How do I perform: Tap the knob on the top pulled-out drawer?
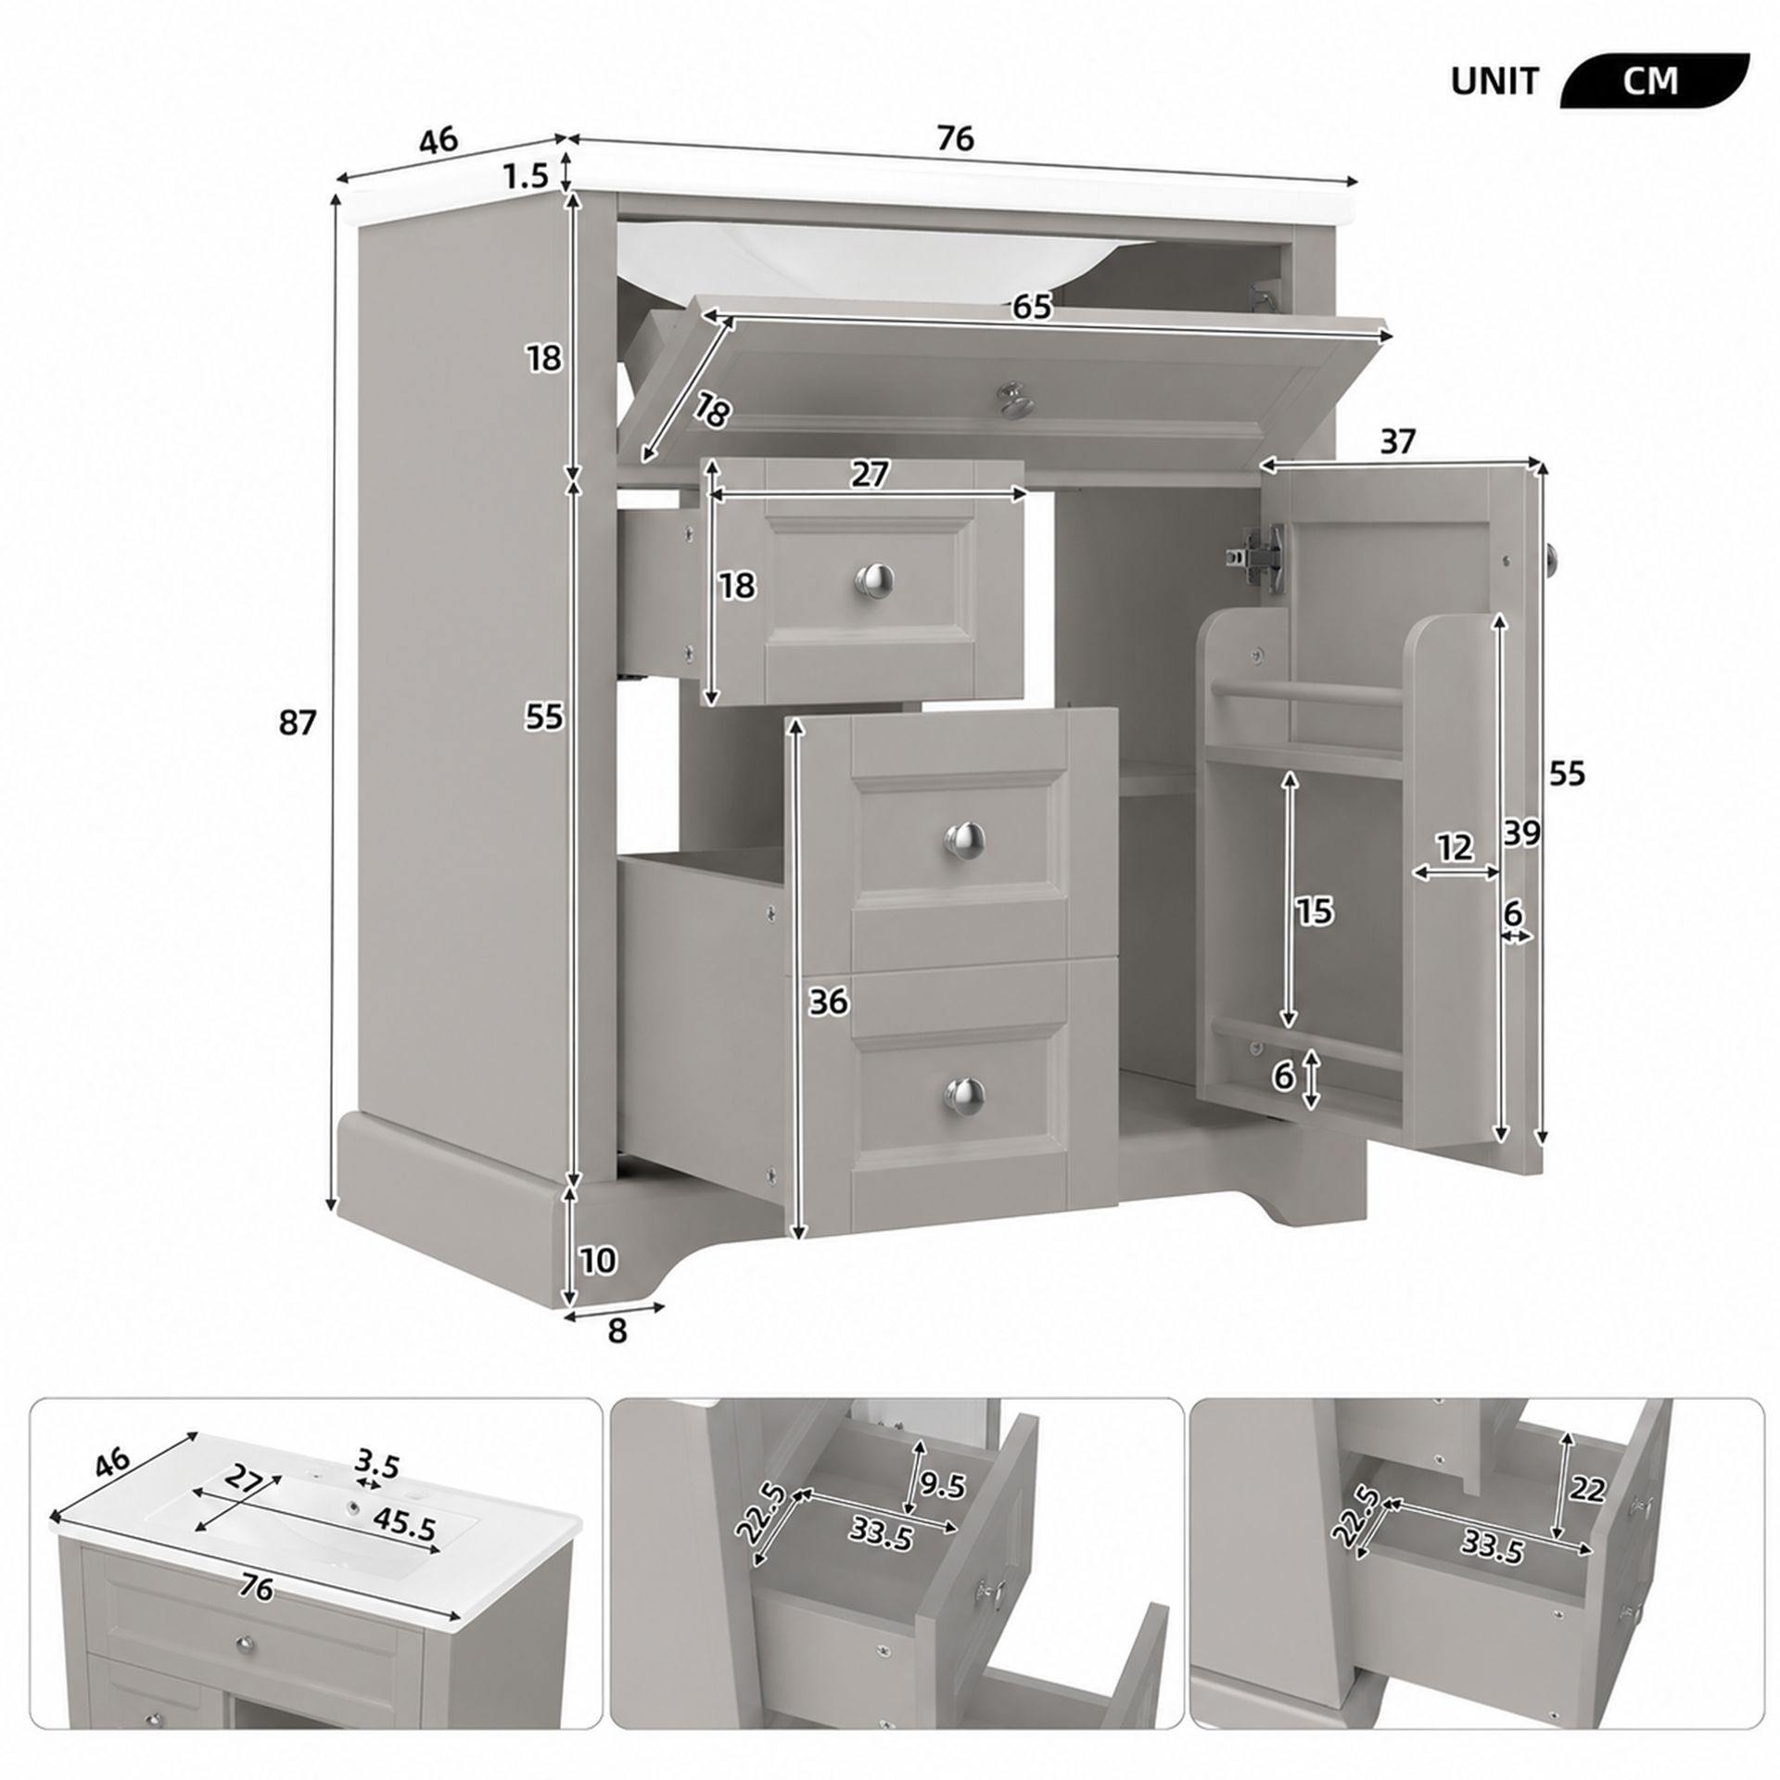tap(872, 579)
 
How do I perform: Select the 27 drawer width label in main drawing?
tap(870, 475)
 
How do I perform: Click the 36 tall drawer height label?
tap(828, 1001)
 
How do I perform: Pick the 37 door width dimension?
tap(1398, 442)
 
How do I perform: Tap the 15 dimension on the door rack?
tap(1314, 912)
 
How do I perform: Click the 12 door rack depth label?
tap(1456, 846)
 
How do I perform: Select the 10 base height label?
tap(598, 1260)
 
